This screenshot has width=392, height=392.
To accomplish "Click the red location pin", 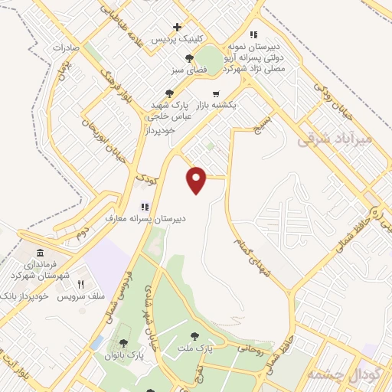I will pos(198,180).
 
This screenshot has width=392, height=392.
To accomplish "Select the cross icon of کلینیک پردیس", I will pos(178,27).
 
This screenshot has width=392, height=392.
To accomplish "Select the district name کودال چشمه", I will pos(339,373).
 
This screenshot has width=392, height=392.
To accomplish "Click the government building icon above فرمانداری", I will pos(40,253).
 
